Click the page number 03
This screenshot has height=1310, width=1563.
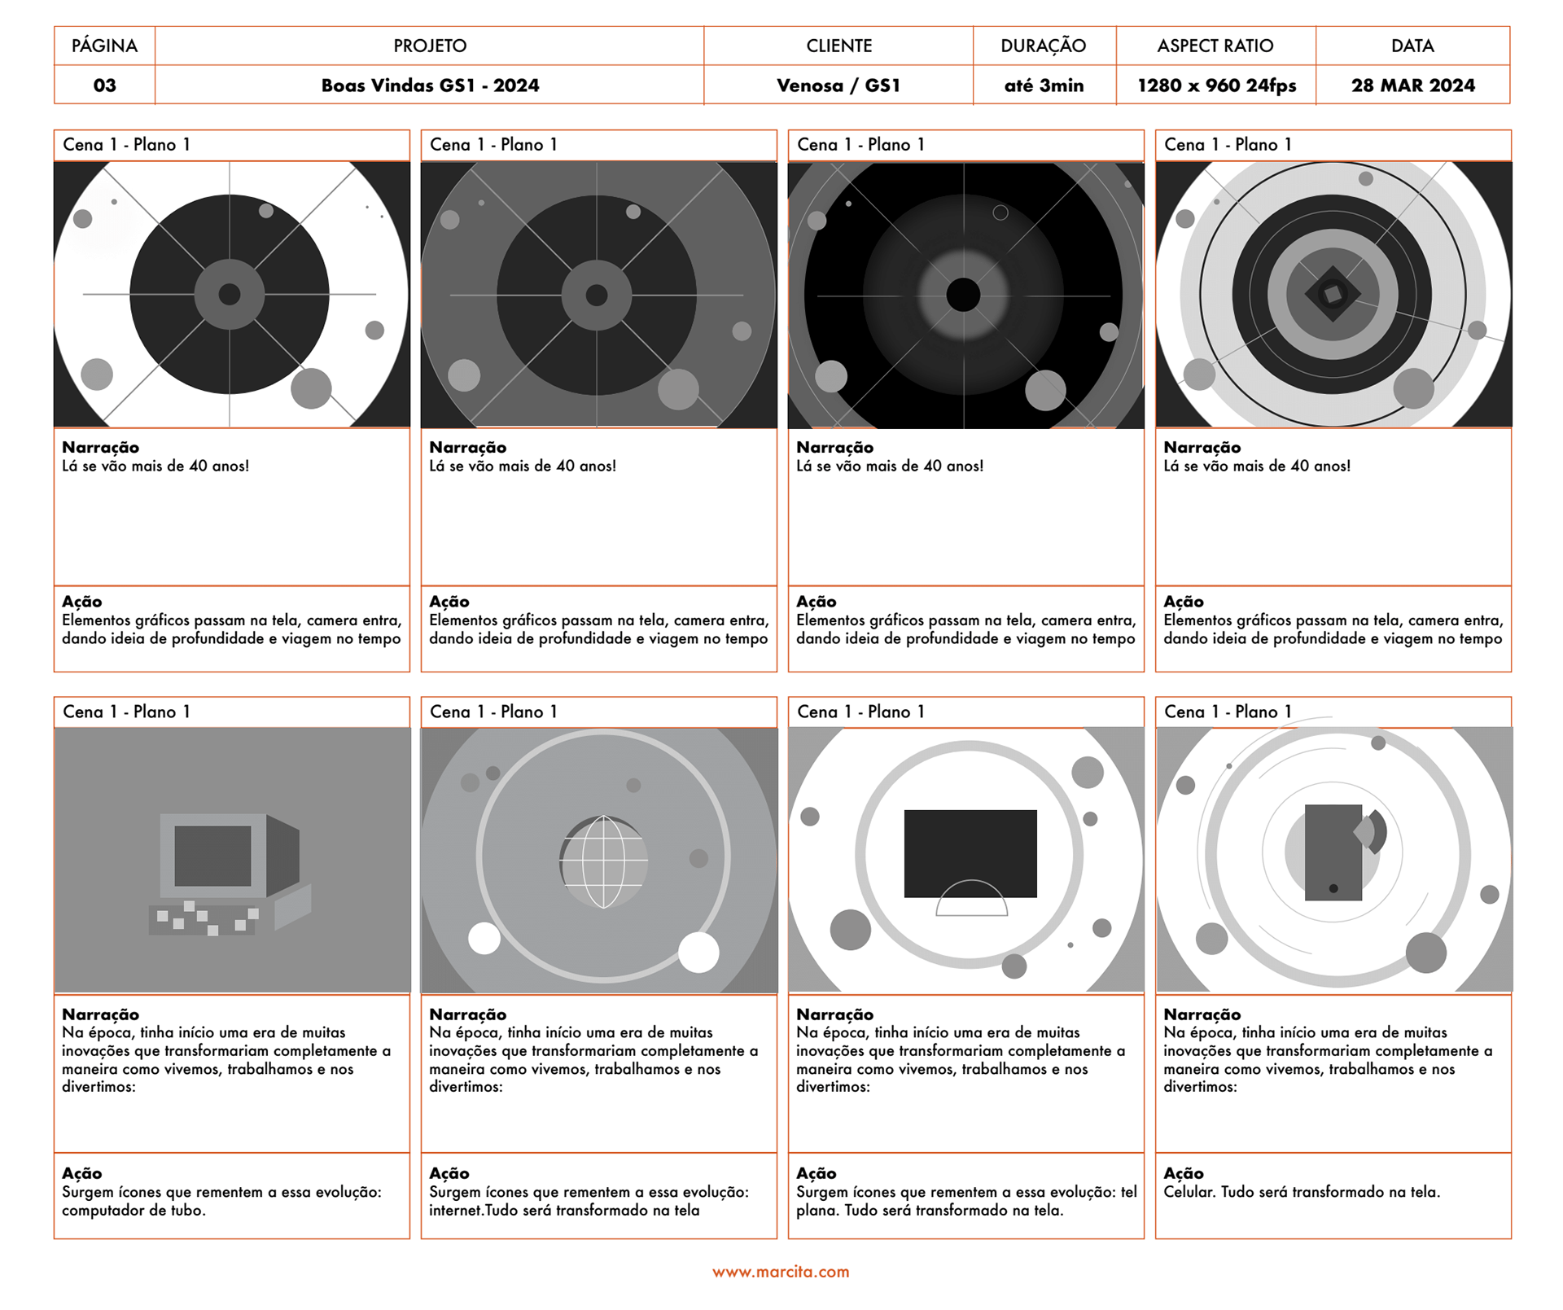click(x=104, y=85)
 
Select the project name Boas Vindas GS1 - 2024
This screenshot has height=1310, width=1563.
click(x=430, y=85)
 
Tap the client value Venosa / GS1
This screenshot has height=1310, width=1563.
click(x=838, y=85)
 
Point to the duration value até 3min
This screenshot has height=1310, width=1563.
click(x=1044, y=85)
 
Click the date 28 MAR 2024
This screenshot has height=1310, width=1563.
click(x=1412, y=85)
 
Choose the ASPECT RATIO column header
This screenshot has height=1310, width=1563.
click(x=1215, y=46)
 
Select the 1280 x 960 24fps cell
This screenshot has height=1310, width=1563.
click(x=1216, y=85)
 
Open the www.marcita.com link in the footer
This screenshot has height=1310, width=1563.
click(x=781, y=1272)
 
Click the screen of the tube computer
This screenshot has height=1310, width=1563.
click(x=212, y=856)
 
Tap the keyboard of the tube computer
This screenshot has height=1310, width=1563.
click(x=204, y=919)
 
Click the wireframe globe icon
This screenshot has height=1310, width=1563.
click(x=603, y=861)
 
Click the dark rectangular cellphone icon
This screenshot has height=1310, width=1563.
click(x=1333, y=852)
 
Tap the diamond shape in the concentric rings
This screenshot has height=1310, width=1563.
click(x=1332, y=294)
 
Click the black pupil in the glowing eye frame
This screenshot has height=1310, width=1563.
click(x=963, y=294)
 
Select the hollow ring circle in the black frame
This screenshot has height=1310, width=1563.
click(x=1000, y=212)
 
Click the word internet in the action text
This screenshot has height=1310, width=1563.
click(x=456, y=1211)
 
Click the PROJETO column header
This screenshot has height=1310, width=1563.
click(x=430, y=46)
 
